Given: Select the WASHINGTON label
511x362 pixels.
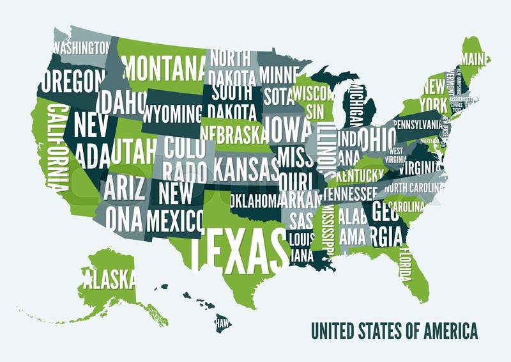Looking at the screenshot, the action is point(80,47).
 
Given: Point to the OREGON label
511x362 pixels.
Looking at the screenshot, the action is point(72,81).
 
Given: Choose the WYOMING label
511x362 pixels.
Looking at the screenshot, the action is point(172,114).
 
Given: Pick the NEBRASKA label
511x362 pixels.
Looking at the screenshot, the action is point(233,132).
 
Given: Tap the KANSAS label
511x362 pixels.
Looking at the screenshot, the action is point(246,169).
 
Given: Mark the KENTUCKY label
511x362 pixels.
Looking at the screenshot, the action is point(360,175).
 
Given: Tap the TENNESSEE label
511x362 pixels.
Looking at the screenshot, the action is point(351,193).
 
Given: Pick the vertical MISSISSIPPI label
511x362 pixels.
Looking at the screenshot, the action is point(328,230).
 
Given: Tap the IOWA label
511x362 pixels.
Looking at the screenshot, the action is point(287,130).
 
